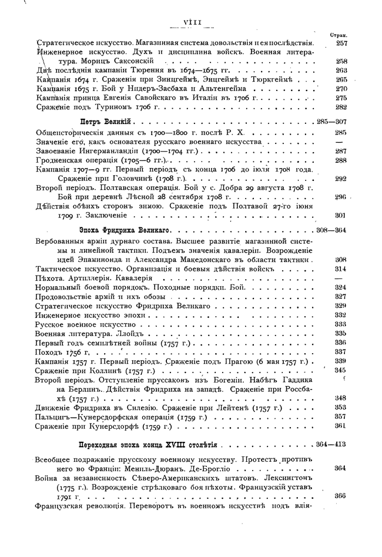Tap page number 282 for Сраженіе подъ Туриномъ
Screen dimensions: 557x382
tap(341, 107)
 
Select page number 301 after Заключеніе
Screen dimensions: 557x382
tap(340, 216)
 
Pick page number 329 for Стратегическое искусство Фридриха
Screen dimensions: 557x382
tap(340, 306)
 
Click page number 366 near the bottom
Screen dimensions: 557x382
tap(340, 495)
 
